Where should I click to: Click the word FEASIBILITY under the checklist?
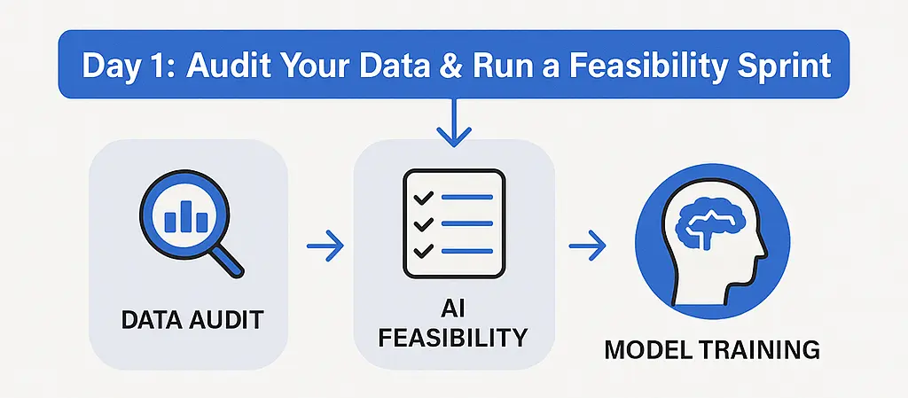point(454,337)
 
